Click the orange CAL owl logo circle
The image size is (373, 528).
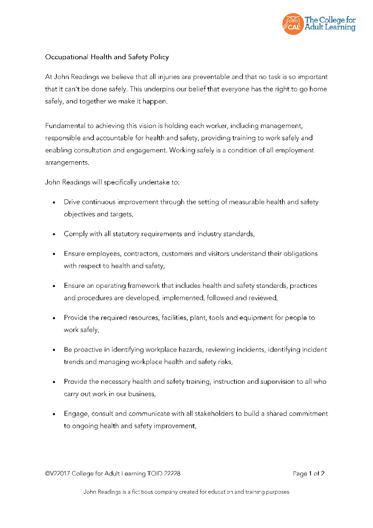point(293,24)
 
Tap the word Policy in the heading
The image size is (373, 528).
point(159,57)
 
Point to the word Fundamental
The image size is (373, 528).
point(65,126)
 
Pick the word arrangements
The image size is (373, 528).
point(67,163)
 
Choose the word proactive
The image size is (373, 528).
point(88,350)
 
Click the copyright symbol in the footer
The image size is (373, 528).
point(47,474)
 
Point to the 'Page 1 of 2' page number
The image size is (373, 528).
point(308,474)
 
